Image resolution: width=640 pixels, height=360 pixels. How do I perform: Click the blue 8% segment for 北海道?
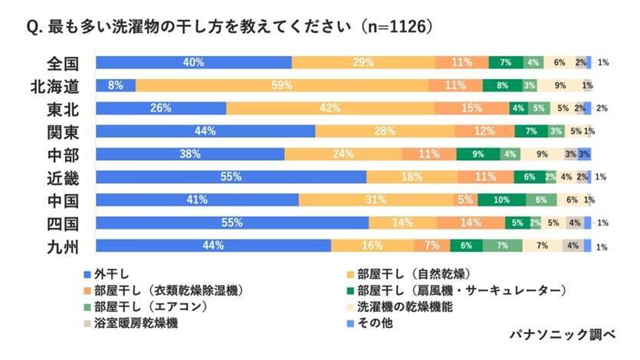click(116, 85)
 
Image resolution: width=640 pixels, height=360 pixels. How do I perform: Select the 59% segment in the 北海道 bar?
click(281, 85)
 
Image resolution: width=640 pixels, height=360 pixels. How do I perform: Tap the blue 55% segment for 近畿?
click(231, 177)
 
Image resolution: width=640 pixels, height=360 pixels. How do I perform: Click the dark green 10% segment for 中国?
click(501, 200)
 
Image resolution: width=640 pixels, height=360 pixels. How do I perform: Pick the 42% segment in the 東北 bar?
click(330, 108)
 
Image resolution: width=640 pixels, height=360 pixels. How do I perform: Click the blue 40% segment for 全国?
click(193, 62)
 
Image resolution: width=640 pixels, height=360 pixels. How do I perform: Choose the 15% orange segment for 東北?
click(472, 108)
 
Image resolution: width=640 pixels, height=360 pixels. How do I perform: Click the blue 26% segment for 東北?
click(161, 108)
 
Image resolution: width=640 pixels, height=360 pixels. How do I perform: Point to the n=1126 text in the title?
click(394, 27)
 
